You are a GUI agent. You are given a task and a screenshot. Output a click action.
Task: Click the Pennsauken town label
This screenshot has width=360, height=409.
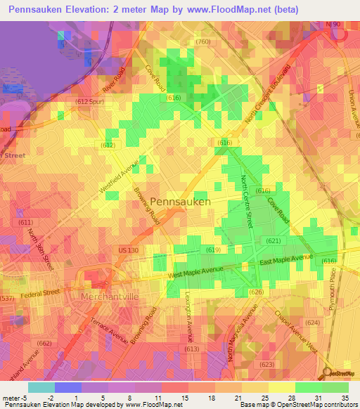coord(180,201)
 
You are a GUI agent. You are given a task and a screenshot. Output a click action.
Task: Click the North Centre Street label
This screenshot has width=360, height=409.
coord(247,201)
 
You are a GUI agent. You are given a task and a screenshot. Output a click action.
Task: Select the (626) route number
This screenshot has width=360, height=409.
coord(256,292)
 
